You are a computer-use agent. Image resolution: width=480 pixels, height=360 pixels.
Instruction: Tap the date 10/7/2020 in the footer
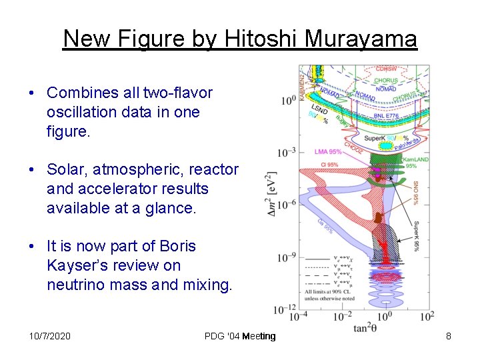50,336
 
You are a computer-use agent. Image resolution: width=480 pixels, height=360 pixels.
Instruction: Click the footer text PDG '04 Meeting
240,336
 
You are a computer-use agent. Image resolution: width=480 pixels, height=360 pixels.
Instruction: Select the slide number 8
449,336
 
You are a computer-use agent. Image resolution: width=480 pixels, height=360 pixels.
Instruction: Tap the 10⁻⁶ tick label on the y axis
287,204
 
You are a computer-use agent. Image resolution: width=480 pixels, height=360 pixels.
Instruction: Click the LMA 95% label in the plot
328,152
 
